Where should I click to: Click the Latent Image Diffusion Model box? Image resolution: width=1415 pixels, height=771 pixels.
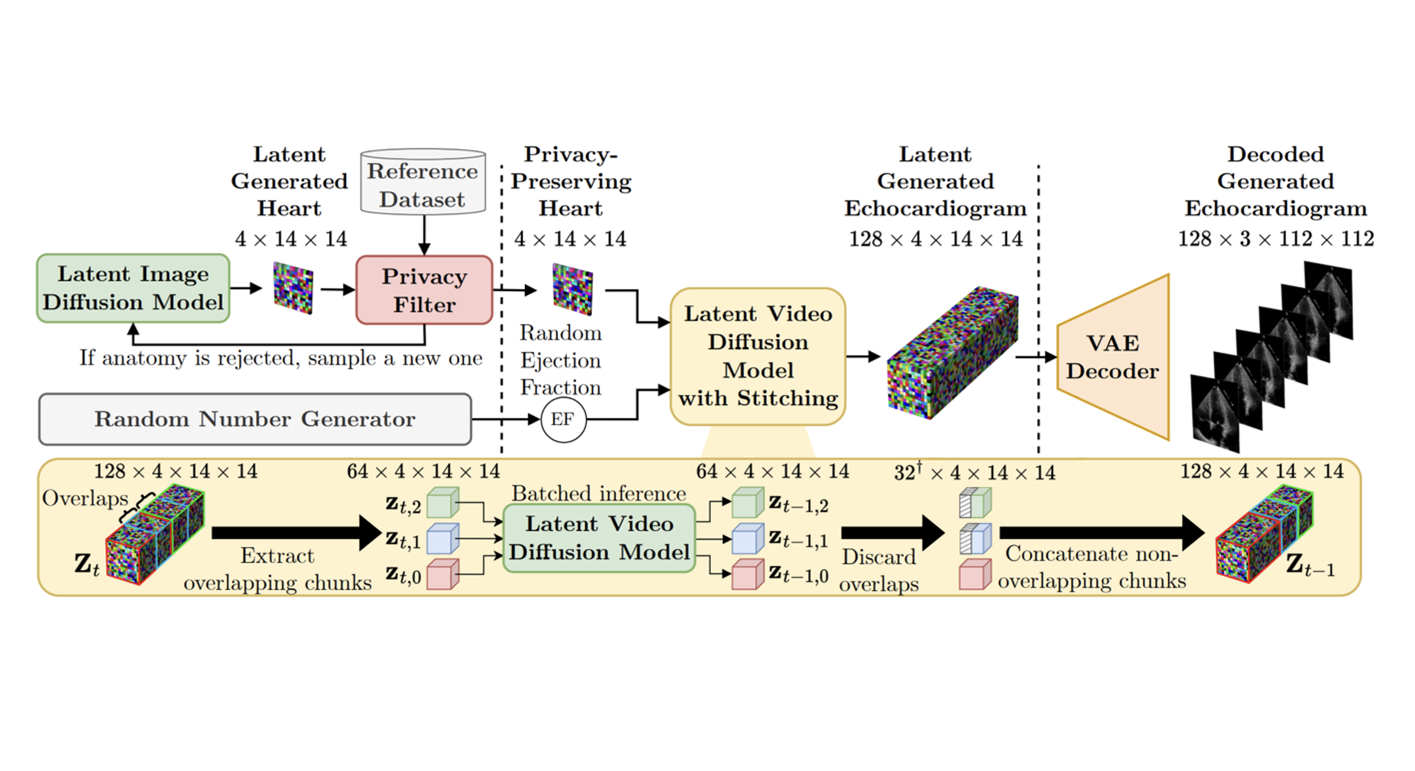point(133,288)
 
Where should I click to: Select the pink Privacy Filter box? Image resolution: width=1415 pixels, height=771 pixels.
point(424,290)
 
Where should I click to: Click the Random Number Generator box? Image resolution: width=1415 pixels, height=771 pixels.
point(254,419)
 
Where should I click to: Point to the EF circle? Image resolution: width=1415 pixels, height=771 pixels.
point(563,420)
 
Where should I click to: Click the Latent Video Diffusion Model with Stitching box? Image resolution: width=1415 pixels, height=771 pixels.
point(758,356)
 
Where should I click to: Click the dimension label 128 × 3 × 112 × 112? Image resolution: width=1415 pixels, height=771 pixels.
point(1275,239)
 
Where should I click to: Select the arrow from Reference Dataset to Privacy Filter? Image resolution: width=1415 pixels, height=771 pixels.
point(424,234)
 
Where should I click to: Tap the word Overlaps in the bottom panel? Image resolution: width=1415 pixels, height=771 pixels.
point(85,499)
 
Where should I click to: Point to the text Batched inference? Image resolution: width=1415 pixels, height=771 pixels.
point(599,494)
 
